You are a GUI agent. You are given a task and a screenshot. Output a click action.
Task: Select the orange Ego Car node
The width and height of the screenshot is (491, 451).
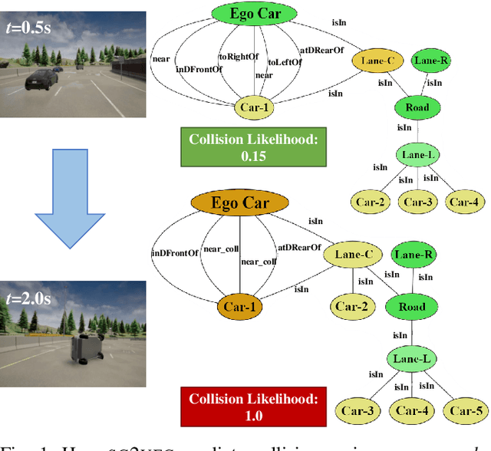point(240,203)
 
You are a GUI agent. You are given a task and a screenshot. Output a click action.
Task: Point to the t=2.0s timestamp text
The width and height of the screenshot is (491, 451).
point(28,298)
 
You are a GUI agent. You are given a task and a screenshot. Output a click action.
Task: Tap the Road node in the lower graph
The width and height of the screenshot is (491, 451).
point(411,307)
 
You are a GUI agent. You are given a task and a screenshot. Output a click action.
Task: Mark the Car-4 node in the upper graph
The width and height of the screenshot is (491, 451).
point(463,202)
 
